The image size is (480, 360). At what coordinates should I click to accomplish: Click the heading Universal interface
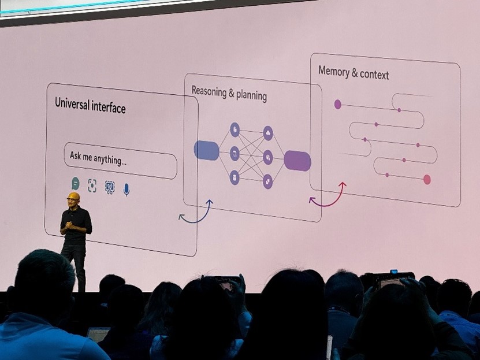(x=90, y=105)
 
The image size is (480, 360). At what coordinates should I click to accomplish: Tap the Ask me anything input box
(x=120, y=160)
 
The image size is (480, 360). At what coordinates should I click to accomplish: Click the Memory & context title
(x=354, y=73)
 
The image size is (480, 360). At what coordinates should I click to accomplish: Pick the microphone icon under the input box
(x=126, y=189)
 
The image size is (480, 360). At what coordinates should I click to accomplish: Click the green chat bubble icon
(x=75, y=183)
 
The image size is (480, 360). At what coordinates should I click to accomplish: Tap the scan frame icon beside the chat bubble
(x=92, y=185)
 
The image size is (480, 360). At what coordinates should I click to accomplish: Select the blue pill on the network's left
(x=206, y=150)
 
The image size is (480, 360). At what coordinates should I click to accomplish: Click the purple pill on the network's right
(x=297, y=161)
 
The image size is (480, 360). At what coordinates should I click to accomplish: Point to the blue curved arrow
(x=196, y=214)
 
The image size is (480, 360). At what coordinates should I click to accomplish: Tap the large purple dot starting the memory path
(x=337, y=105)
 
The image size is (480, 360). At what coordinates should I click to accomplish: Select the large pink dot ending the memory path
(x=427, y=179)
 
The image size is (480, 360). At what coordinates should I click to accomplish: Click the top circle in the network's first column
(x=235, y=129)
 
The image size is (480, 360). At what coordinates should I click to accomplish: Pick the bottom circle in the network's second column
(x=268, y=181)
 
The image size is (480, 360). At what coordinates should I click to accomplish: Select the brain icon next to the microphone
(x=110, y=187)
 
